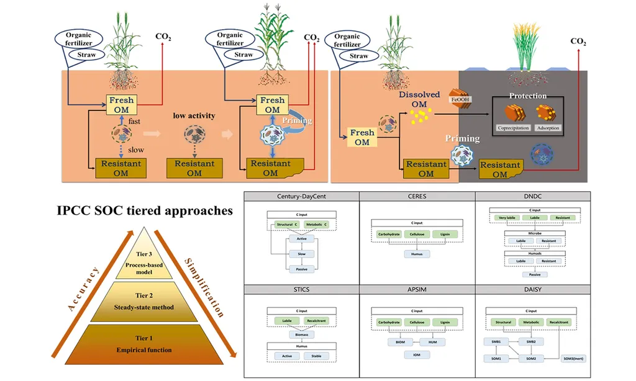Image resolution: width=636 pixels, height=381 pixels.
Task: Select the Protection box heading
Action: [x=527, y=96]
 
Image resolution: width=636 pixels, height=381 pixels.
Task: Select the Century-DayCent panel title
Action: [x=301, y=196]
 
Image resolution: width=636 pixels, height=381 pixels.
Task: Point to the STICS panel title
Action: [x=301, y=289]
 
